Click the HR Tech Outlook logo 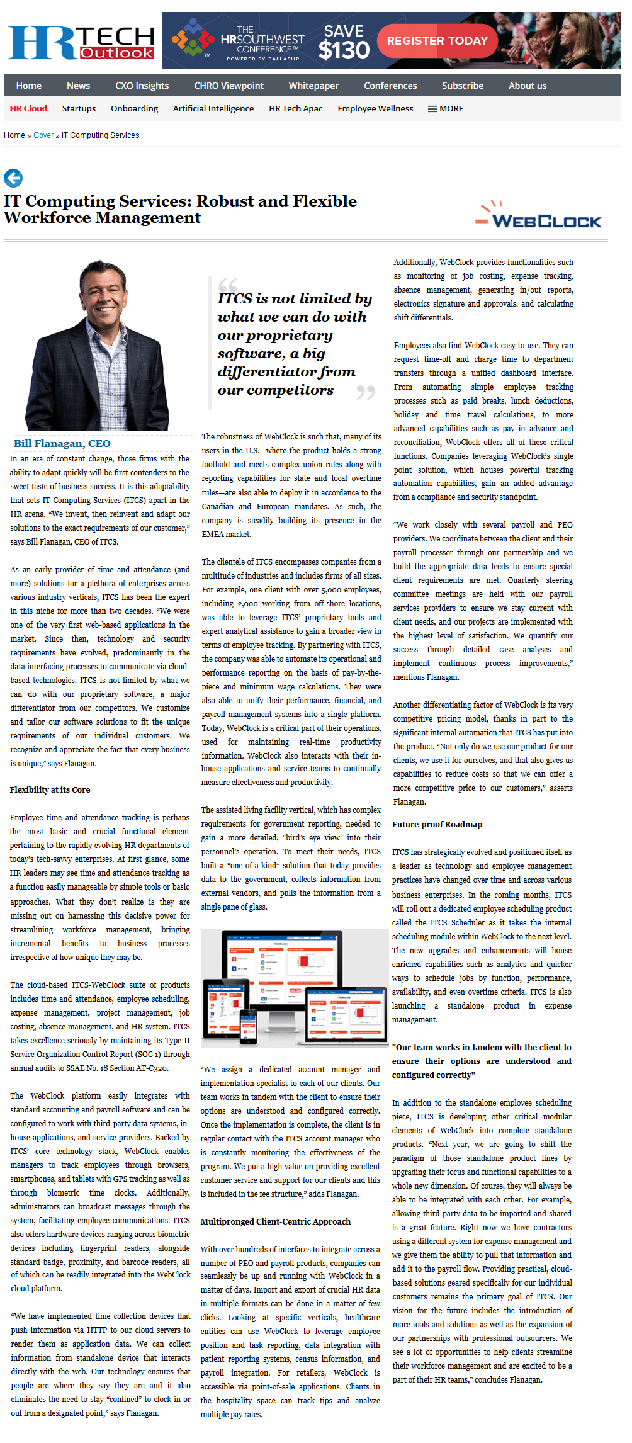[x=81, y=43]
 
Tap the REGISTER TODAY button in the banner [x=437, y=41]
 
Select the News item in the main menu [x=78, y=86]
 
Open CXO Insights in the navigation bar [x=142, y=86]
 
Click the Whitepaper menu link [x=313, y=86]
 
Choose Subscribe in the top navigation [x=462, y=86]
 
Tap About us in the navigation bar [x=527, y=86]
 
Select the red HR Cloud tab [x=28, y=108]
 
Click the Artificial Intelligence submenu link [x=213, y=108]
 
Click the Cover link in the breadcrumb [x=43, y=135]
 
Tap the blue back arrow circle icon [x=13, y=178]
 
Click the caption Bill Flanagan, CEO [x=62, y=443]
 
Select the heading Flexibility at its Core [x=50, y=789]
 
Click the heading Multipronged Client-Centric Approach [x=275, y=1221]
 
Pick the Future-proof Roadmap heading [x=437, y=824]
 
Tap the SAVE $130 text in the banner [x=344, y=42]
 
